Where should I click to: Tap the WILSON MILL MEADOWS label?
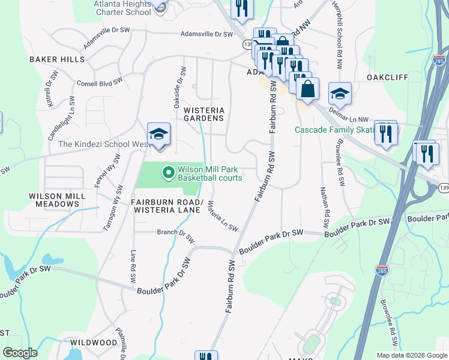coord(53,200)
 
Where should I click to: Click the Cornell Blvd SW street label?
coord(99,80)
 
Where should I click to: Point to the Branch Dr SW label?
coord(176,235)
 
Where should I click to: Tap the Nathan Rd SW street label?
coord(327,213)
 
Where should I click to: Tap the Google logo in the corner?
coord(20,352)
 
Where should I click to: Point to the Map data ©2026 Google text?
coord(411,355)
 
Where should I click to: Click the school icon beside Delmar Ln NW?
coord(340,94)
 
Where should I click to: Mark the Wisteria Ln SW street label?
coord(222,217)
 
